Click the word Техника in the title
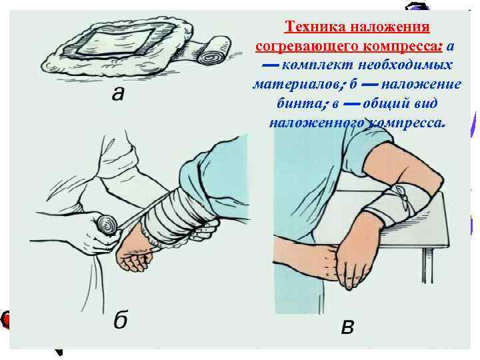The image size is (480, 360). (315, 27)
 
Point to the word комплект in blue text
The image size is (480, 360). (317, 65)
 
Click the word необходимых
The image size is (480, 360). (405, 65)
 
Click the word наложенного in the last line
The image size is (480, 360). (317, 123)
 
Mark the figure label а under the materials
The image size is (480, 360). (119, 94)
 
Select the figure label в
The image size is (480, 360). (347, 327)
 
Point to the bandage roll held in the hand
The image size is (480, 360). (106, 225)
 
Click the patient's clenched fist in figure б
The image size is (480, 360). (135, 255)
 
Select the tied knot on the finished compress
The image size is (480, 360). (401, 196)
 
